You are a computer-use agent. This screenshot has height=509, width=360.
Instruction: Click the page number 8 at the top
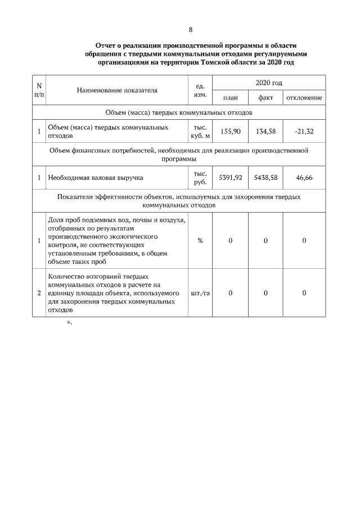click(x=191, y=29)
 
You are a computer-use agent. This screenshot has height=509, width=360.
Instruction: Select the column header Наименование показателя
click(x=117, y=89)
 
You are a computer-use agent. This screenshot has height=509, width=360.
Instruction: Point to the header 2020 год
click(x=269, y=83)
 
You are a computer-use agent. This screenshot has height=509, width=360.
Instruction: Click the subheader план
click(x=230, y=98)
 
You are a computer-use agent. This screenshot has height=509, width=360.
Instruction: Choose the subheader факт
click(x=265, y=98)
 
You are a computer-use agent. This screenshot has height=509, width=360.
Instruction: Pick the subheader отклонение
click(x=304, y=98)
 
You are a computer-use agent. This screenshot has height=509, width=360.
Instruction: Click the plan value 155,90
click(x=230, y=131)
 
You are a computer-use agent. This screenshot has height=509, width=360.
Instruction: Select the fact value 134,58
click(x=265, y=131)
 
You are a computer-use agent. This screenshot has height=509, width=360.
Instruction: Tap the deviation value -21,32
click(x=304, y=131)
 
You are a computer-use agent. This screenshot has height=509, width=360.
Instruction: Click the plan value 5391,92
click(x=230, y=177)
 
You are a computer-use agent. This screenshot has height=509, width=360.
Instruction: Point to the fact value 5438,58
click(x=265, y=177)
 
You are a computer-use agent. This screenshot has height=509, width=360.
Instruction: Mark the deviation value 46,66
click(x=304, y=177)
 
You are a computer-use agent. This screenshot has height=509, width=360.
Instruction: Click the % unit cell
click(x=200, y=241)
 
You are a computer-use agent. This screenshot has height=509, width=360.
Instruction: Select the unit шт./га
click(x=200, y=293)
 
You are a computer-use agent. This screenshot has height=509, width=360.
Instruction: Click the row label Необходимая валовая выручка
click(x=95, y=178)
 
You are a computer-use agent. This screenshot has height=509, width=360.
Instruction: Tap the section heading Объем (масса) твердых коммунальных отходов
click(x=178, y=112)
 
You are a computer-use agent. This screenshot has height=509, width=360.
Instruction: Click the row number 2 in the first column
click(x=39, y=293)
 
